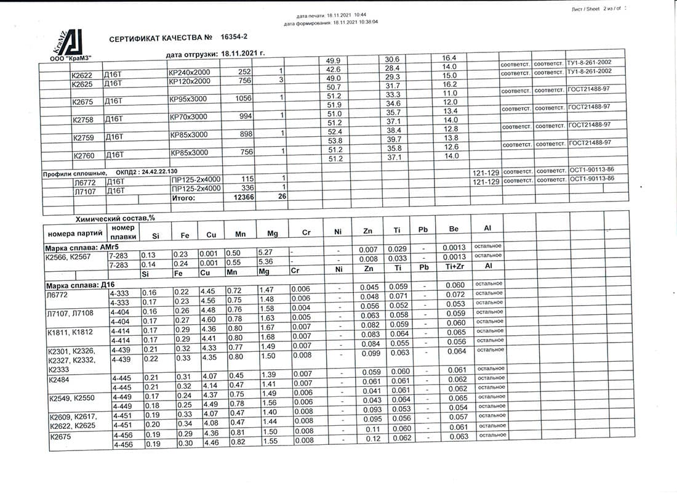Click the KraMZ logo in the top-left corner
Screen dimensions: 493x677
68,44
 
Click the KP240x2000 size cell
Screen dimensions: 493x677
189,72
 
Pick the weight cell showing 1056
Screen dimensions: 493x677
244,98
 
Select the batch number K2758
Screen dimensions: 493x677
84,119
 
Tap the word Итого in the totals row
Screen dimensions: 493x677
183,198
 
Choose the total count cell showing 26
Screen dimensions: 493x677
281,196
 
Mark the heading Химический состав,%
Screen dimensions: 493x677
114,219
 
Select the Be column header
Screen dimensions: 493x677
454,230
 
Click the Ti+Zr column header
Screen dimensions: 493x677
454,267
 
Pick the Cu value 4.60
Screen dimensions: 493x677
209,319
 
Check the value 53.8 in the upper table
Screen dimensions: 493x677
335,141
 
